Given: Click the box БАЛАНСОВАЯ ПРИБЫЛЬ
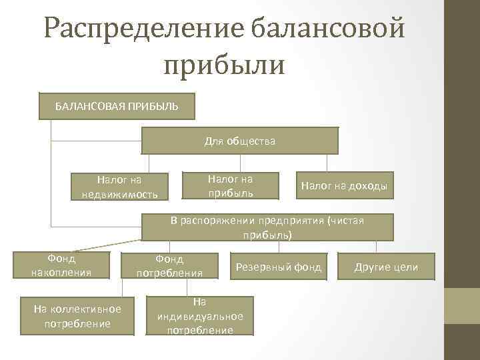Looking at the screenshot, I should pos(117,106).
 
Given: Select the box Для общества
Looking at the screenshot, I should pos(239,141).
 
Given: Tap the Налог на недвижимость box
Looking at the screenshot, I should pos(119,187).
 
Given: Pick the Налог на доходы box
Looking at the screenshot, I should pos(344,186).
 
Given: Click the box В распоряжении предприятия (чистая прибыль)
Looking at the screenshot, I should pos(267,227).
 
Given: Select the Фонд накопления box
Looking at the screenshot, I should pos(61,265).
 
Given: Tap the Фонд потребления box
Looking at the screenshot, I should pos(169,265).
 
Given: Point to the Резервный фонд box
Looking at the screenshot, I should pos(279,267).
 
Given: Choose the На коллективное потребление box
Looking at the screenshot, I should pos(77,316).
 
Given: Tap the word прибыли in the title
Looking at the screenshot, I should pos(224,65).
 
